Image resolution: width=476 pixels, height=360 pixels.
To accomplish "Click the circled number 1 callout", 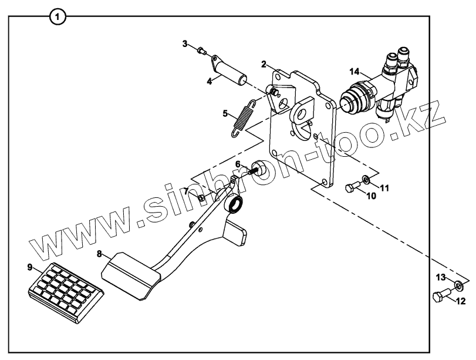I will click(x=57, y=17).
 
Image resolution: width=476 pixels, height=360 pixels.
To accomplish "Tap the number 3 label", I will click(x=184, y=43).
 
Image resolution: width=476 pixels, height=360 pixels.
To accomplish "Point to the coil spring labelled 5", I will click(x=243, y=117).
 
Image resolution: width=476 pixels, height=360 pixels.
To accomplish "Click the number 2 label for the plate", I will click(x=265, y=63).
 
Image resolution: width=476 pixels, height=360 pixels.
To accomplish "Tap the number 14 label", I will click(x=353, y=71).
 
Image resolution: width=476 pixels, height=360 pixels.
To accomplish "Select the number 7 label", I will click(x=185, y=191).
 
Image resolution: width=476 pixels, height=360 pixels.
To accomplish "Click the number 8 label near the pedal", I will click(x=99, y=254).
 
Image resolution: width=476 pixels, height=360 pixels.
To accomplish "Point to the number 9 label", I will click(x=29, y=267).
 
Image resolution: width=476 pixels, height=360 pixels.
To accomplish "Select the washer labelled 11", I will click(x=366, y=179).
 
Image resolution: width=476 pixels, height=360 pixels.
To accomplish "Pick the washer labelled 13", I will click(x=458, y=286).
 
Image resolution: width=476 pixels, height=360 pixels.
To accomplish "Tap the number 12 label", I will click(x=460, y=302).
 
